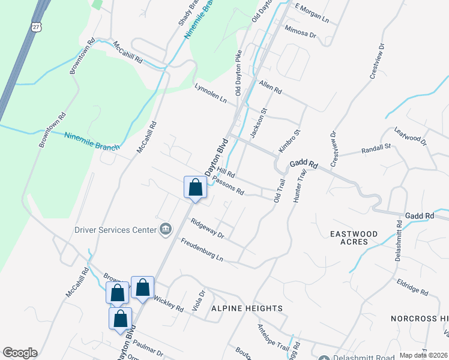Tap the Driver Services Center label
(x=115, y=229)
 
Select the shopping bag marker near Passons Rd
(x=195, y=187)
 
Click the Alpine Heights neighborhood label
(x=246, y=308)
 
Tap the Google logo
(x=20, y=353)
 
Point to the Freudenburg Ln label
(x=202, y=250)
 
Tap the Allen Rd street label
(x=270, y=87)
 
